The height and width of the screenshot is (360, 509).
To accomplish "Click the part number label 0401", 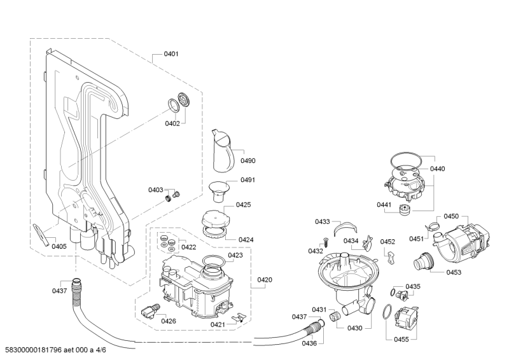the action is tap(171, 54).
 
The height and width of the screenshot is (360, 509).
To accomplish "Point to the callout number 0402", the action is tap(172, 123).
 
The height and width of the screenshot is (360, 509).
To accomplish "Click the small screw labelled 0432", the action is tap(325, 241).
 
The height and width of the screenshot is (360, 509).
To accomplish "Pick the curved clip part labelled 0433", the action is tap(345, 226).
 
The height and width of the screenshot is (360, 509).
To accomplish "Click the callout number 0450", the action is tap(451, 216).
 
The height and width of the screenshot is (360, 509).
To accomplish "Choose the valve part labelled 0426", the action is tap(150, 310).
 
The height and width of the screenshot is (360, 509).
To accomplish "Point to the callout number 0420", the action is tap(265, 279).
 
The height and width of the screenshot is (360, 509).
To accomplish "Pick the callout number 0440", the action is tap(438, 169).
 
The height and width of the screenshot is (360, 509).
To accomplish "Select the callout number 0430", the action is tap(354, 328).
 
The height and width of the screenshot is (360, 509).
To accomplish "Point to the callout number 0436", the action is tap(309, 343).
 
